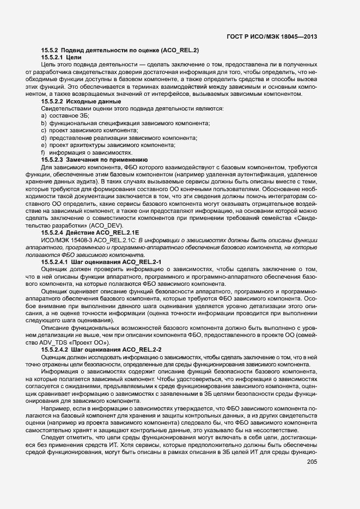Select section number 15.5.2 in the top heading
coord(52,51)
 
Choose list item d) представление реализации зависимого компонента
coord(119,138)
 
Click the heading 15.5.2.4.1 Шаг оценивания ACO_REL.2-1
coord(101,262)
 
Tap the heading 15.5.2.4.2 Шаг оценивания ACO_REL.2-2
coord(101,349)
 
